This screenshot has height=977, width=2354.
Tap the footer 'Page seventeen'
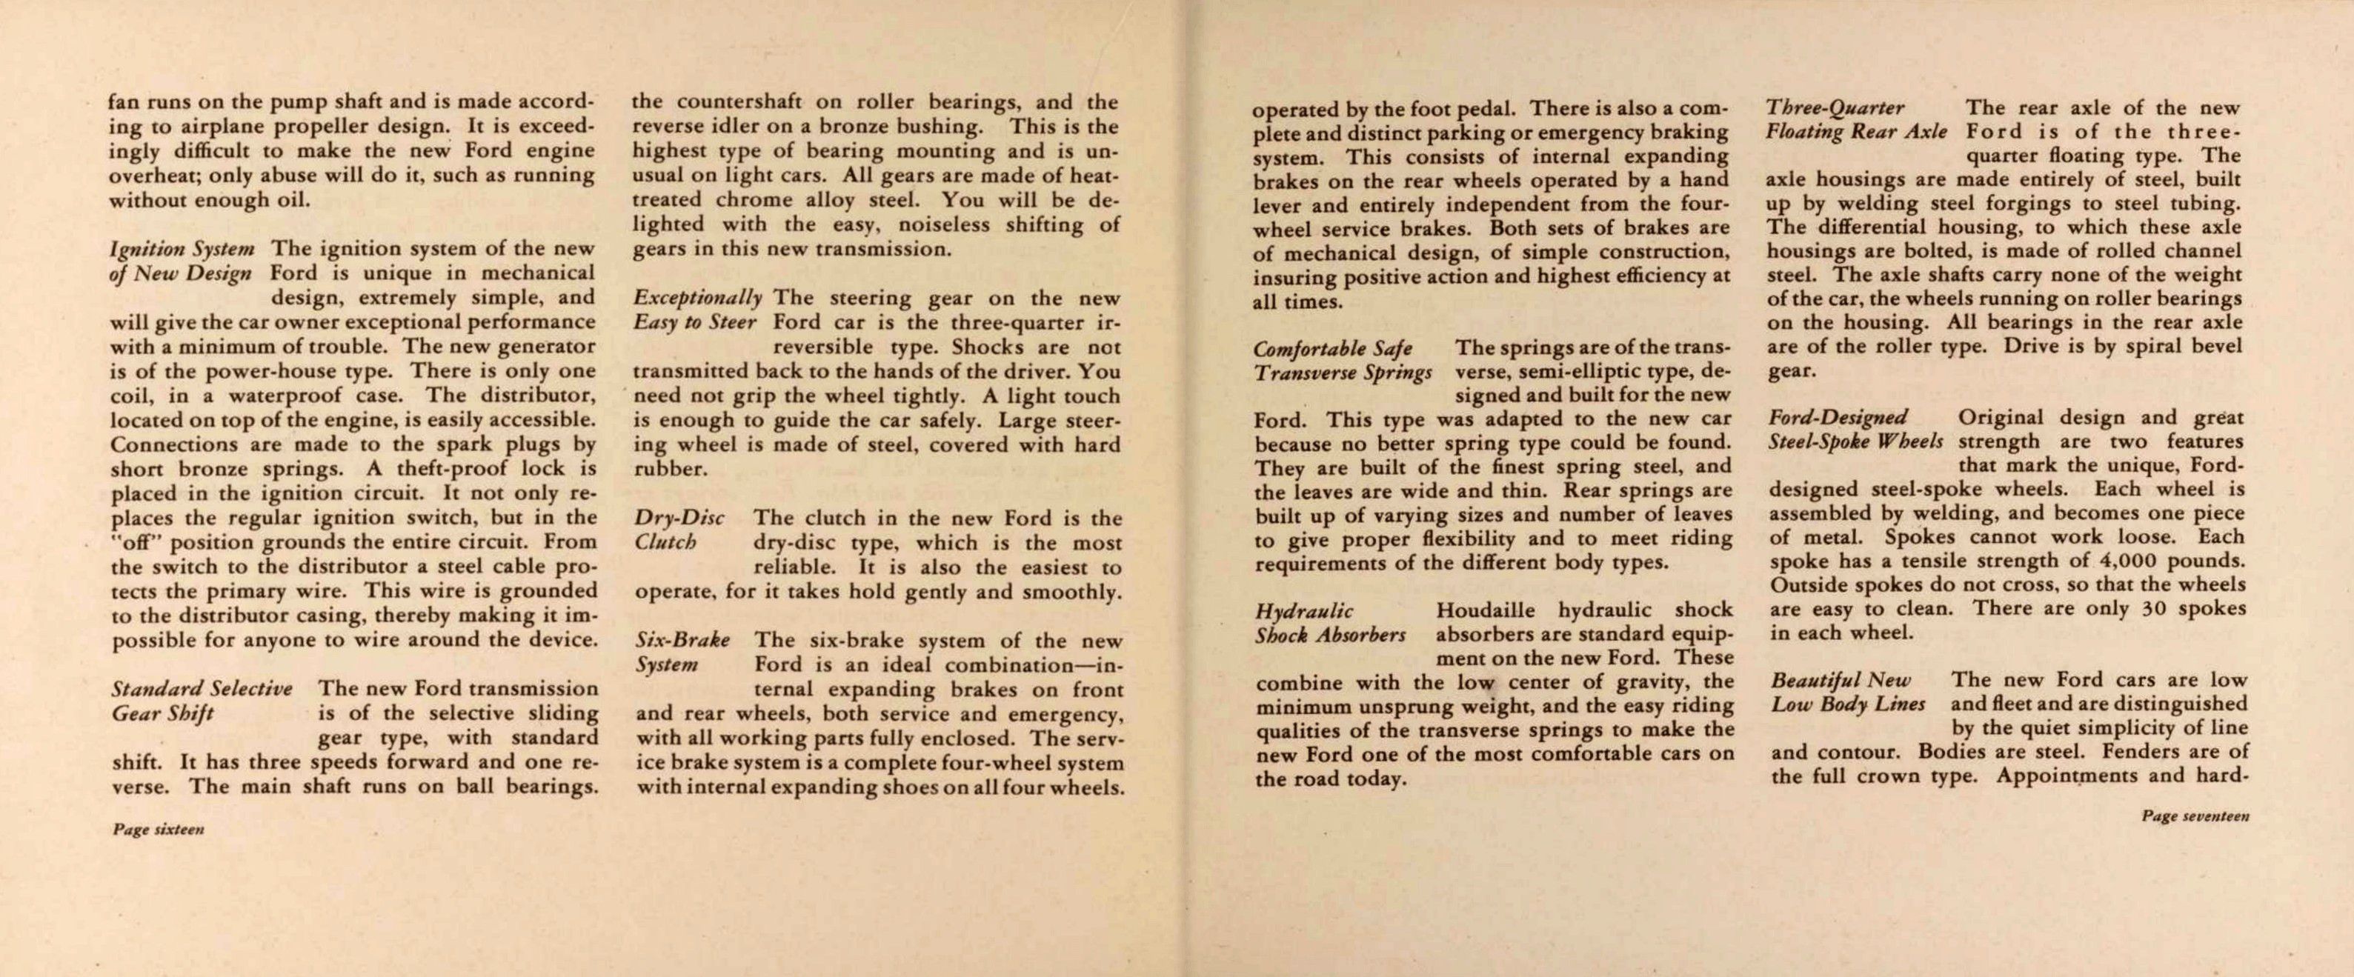(x=2195, y=816)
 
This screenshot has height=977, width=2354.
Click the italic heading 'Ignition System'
(x=181, y=249)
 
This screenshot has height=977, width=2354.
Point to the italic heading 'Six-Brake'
(x=682, y=641)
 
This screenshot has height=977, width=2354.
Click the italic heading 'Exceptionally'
(x=698, y=298)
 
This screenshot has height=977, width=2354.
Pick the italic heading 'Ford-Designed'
(x=1838, y=418)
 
